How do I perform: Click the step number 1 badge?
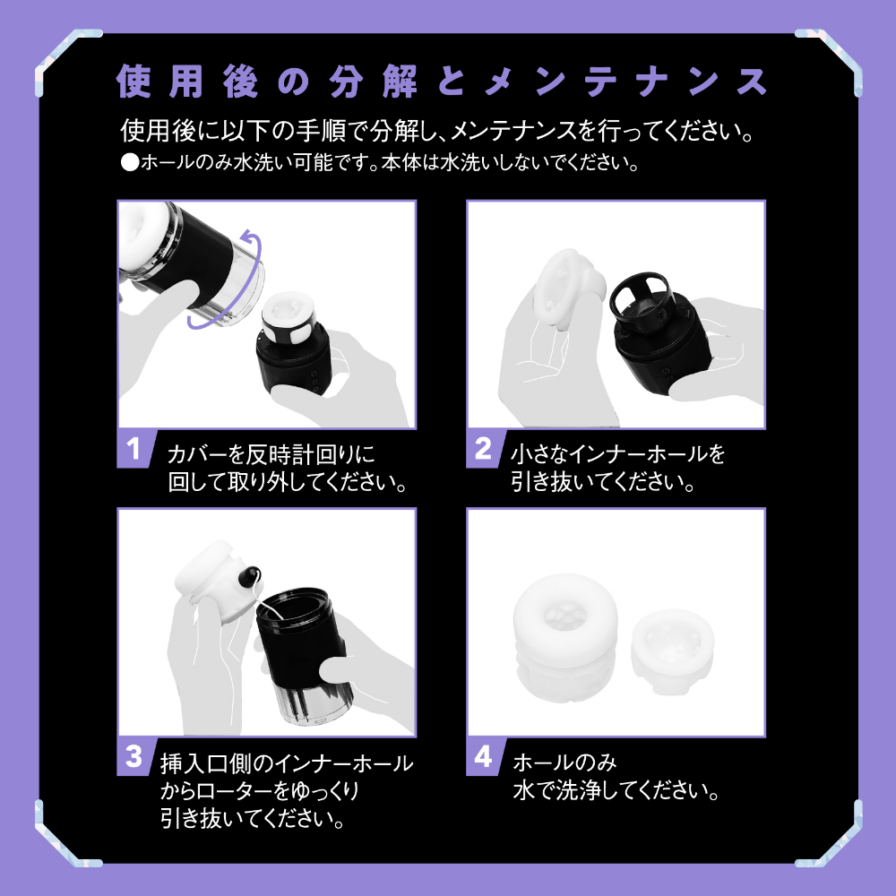coord(133,449)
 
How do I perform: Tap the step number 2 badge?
coord(482,449)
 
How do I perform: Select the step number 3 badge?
coord(133,757)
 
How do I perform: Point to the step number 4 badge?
coord(482,757)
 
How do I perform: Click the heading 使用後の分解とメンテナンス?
coord(442,82)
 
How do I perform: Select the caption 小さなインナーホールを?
coord(617,454)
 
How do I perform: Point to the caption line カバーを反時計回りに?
coord(269,454)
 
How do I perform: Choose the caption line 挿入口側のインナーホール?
coord(286,763)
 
